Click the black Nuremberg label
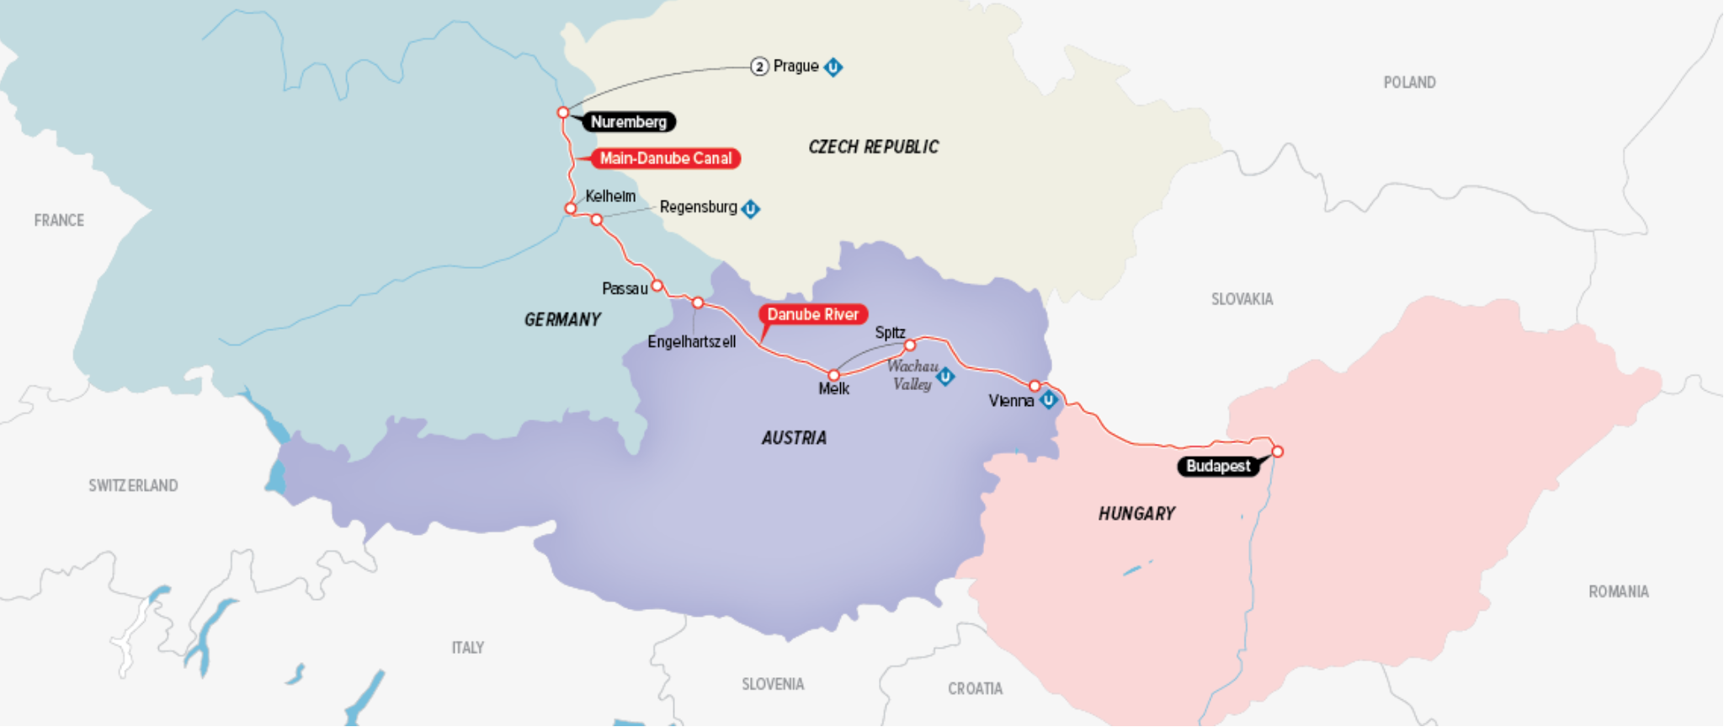pos(629,122)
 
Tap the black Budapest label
pos(1218,466)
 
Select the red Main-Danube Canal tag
pos(665,158)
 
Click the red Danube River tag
pos(812,314)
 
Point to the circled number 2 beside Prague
pos(759,67)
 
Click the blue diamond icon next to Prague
pos(833,67)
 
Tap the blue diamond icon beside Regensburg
pos(751,208)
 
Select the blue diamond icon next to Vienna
pos(1049,400)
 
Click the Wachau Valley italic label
pos(913,375)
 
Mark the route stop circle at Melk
pos(834,376)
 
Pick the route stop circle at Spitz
pos(910,345)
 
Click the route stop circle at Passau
pos(657,286)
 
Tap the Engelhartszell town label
pos(691,342)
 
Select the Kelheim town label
pos(610,196)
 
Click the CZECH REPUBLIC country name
pos(873,147)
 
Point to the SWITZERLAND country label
pos(133,486)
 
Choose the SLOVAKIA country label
pos(1242,299)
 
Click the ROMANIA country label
pos(1618,592)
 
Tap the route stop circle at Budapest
pos(1277,452)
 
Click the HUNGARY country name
pos(1136,514)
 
